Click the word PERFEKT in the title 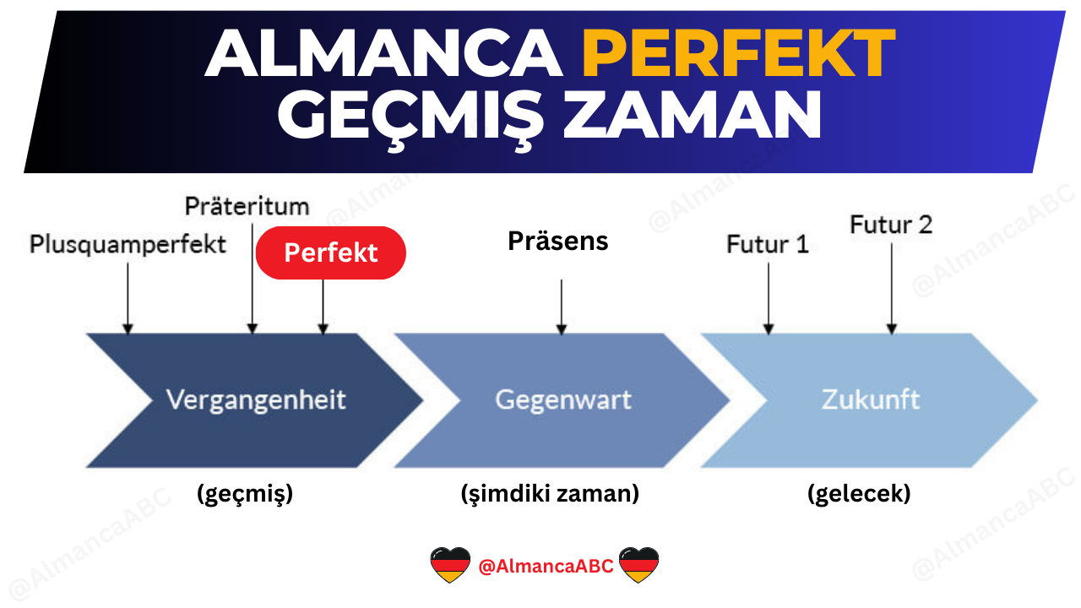click(x=738, y=54)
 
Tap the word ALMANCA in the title click(x=383, y=54)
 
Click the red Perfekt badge click(x=330, y=252)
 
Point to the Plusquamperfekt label click(x=128, y=245)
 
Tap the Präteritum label click(x=247, y=206)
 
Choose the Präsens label click(x=557, y=242)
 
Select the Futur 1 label click(x=767, y=245)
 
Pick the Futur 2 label click(x=891, y=225)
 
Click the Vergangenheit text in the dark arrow click(x=256, y=399)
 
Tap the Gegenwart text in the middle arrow click(x=562, y=399)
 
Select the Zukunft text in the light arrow click(x=870, y=399)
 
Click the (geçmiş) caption click(x=245, y=494)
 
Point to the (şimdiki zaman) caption click(x=550, y=494)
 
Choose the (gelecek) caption click(x=859, y=494)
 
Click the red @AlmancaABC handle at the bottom click(x=546, y=566)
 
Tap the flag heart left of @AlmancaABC click(x=450, y=565)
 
